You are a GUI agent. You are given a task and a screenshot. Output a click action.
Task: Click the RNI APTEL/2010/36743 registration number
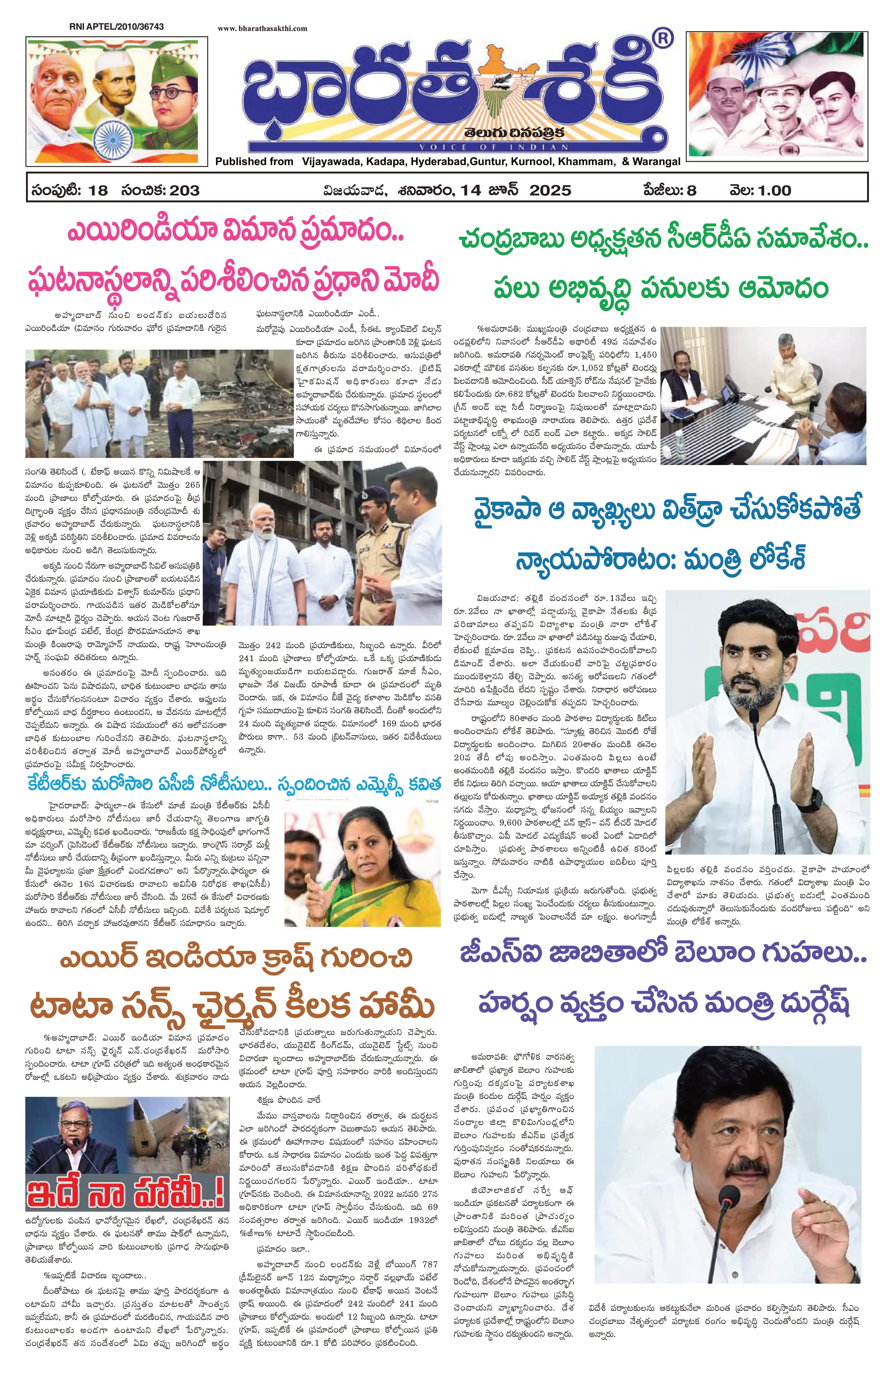[x=116, y=27]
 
